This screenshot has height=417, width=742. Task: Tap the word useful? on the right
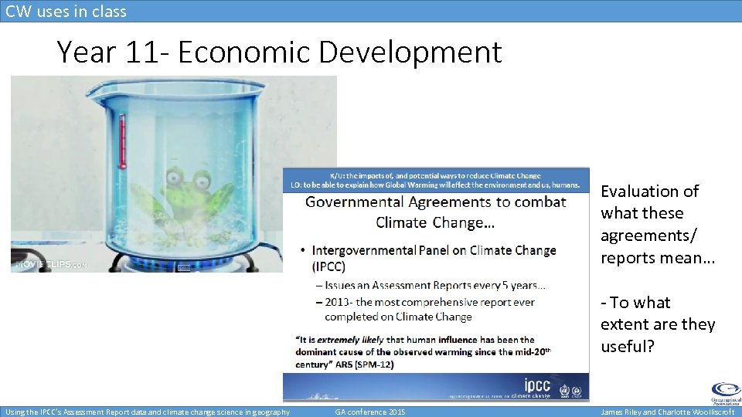(627, 346)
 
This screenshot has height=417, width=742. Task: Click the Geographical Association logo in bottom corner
(724, 392)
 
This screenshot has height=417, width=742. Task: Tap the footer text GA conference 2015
(369, 412)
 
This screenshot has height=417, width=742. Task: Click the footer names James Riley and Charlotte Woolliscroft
(667, 412)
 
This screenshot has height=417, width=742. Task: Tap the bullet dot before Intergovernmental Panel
(302, 251)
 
